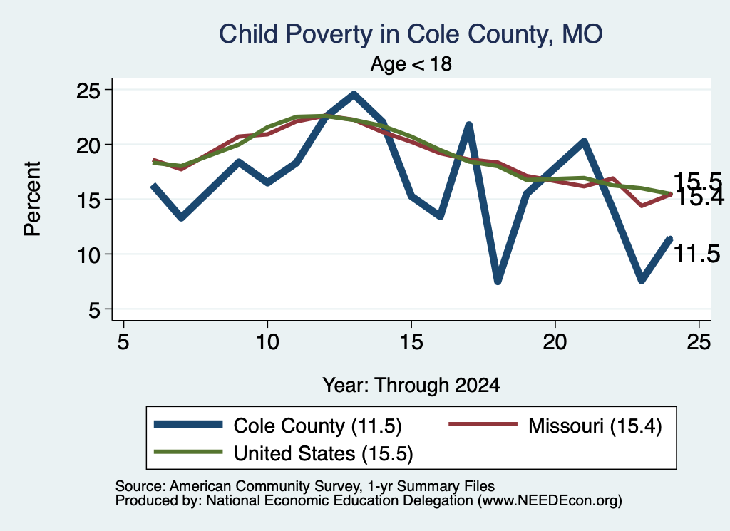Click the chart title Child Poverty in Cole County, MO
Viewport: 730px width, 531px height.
(411, 34)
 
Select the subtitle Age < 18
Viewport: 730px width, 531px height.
(411, 63)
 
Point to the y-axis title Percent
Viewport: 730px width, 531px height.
(32, 199)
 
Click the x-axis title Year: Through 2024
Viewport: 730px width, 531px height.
(411, 386)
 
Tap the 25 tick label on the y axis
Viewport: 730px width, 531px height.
(88, 90)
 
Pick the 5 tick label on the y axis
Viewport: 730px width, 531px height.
(94, 309)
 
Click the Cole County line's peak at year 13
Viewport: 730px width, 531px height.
(354, 95)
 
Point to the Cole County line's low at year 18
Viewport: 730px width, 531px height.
(498, 281)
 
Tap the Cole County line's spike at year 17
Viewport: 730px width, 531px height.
(469, 125)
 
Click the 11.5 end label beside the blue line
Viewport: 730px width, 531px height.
(697, 254)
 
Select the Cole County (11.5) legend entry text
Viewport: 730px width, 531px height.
(317, 426)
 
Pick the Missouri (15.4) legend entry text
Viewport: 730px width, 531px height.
(595, 426)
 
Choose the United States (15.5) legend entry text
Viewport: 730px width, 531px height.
(324, 454)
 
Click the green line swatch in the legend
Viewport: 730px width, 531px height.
(188, 452)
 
